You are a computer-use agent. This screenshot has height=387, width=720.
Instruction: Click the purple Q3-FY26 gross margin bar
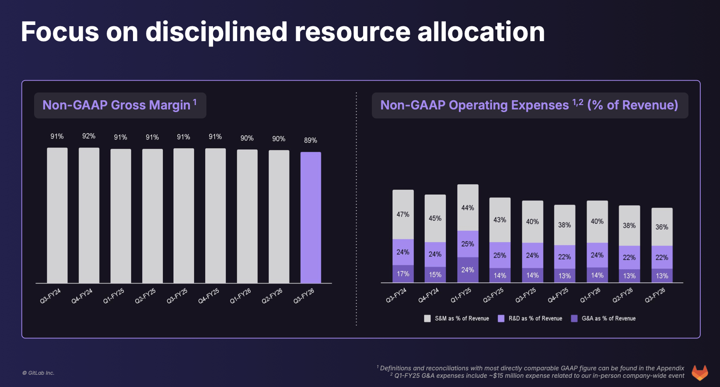pos(311,218)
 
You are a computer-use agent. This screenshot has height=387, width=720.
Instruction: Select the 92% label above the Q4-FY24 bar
pos(89,136)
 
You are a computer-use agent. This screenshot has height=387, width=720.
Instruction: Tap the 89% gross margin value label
pos(311,140)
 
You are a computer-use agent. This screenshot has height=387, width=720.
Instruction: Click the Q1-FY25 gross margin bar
pos(121,216)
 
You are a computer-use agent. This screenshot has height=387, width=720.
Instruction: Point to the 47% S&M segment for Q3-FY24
pos(403,215)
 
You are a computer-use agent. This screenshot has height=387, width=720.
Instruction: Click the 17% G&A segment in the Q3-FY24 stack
pos(403,274)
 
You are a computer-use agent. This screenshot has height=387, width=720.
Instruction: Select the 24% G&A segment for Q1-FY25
pos(468,270)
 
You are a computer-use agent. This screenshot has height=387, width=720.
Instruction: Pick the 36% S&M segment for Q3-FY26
pos(662,227)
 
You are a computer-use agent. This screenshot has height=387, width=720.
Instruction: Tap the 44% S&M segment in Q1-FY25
pos(468,208)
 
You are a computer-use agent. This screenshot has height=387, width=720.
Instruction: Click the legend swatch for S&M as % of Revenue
pos(427,319)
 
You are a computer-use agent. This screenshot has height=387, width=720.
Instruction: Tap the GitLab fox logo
pos(700,373)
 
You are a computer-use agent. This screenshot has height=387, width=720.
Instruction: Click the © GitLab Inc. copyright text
pos(38,373)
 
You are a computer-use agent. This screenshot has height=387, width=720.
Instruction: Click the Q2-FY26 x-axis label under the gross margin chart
pos(272,296)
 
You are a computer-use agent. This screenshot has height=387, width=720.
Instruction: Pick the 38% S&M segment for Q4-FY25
pos(565,225)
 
